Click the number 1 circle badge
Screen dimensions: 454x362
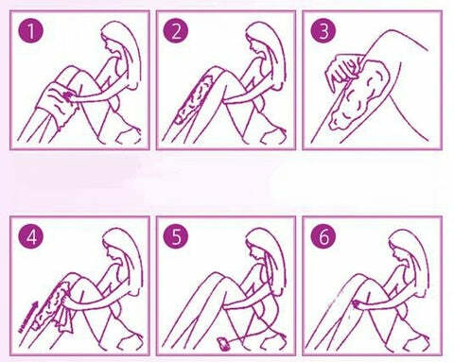[31, 31]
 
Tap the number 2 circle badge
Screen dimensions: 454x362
[176, 31]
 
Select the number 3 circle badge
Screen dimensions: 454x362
[323, 31]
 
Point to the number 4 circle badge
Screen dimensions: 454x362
[31, 236]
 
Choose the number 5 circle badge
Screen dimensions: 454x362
[176, 236]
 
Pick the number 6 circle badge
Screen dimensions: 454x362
[323, 236]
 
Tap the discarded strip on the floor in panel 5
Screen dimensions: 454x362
[224, 344]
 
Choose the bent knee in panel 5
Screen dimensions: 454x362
[220, 277]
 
